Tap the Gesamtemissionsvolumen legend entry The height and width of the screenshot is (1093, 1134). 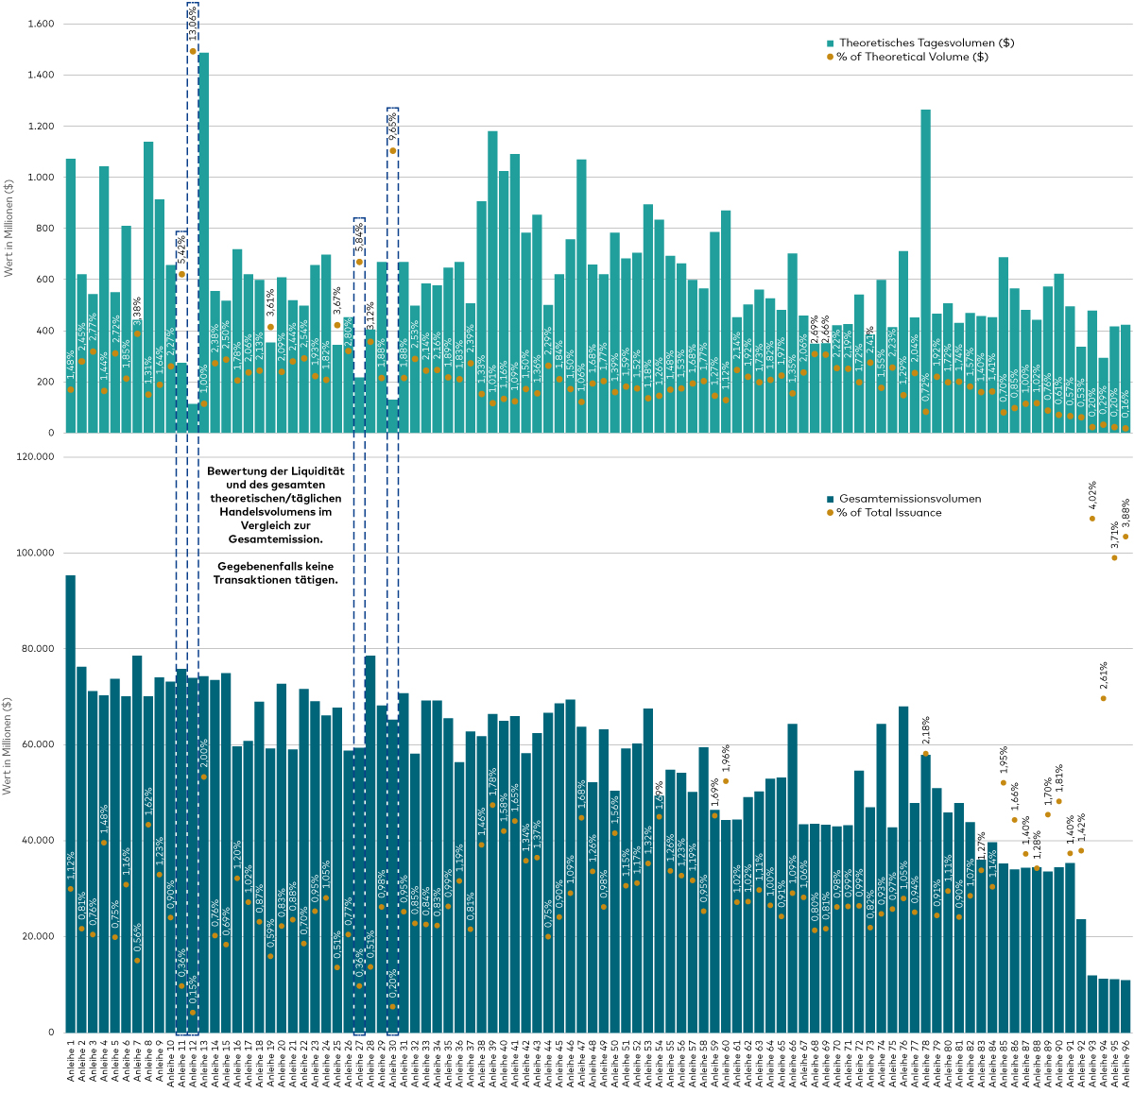[908, 499]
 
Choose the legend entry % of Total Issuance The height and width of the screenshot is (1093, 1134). [888, 512]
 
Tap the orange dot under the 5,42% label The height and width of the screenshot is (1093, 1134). [181, 274]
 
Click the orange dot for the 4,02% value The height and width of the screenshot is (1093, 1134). [1092, 519]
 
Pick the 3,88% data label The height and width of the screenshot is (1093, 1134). [1125, 513]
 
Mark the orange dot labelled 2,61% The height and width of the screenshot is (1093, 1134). [1103, 698]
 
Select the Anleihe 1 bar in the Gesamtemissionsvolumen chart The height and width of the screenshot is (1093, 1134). [71, 803]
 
